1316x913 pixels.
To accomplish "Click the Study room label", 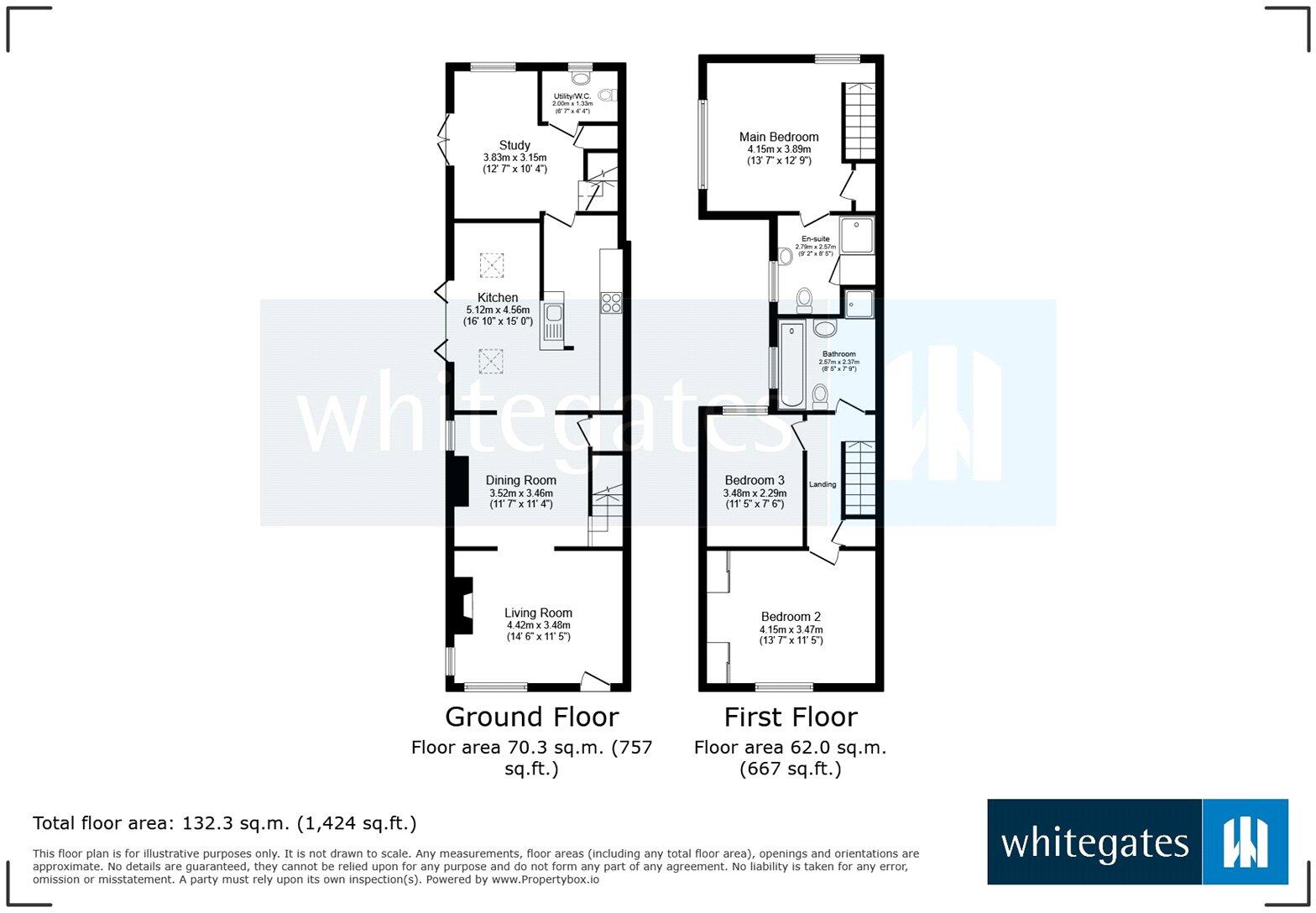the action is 514,145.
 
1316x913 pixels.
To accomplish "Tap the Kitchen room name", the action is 498,297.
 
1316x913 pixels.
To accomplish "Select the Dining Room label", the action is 521,480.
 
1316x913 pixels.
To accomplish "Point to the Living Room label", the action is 538,613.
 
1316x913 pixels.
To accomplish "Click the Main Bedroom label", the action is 779,137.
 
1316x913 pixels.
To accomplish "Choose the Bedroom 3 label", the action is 755,480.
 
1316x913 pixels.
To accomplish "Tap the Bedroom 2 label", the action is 791,616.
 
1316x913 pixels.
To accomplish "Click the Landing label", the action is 822,484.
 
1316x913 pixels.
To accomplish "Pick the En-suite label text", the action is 816,238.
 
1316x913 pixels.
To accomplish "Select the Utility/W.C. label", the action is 572,96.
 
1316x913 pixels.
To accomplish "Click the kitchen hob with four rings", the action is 611,303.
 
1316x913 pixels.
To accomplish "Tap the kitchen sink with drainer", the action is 552,322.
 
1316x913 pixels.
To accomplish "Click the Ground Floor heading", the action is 532,717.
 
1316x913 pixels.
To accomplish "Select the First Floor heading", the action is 791,717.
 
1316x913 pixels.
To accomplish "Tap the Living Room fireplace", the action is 462,606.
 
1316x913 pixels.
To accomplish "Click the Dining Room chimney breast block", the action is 459,481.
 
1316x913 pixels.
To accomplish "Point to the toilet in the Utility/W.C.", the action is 608,95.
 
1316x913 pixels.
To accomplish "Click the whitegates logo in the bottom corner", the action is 1137,842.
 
